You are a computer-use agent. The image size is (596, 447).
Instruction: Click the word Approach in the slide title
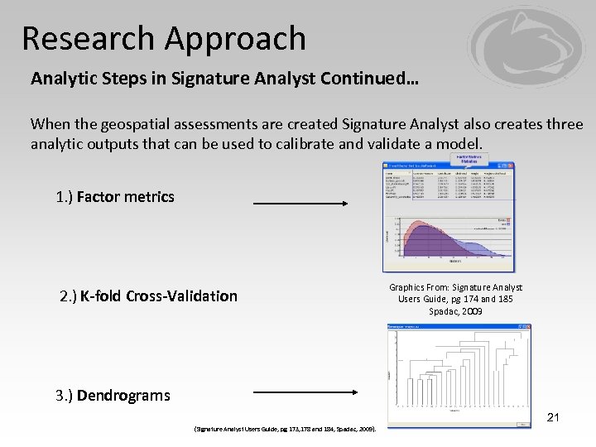(236, 38)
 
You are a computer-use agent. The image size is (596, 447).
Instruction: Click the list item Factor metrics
(115, 197)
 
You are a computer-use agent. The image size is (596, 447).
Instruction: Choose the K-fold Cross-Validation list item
(148, 296)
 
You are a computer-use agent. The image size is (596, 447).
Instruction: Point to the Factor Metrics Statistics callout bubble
(468, 159)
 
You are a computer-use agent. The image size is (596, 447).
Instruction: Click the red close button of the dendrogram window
(529, 327)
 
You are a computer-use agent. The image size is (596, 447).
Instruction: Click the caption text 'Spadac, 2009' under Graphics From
(455, 310)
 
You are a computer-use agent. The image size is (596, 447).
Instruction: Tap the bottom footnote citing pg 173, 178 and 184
(284, 429)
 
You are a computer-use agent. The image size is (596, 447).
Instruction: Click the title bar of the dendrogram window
(447, 327)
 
